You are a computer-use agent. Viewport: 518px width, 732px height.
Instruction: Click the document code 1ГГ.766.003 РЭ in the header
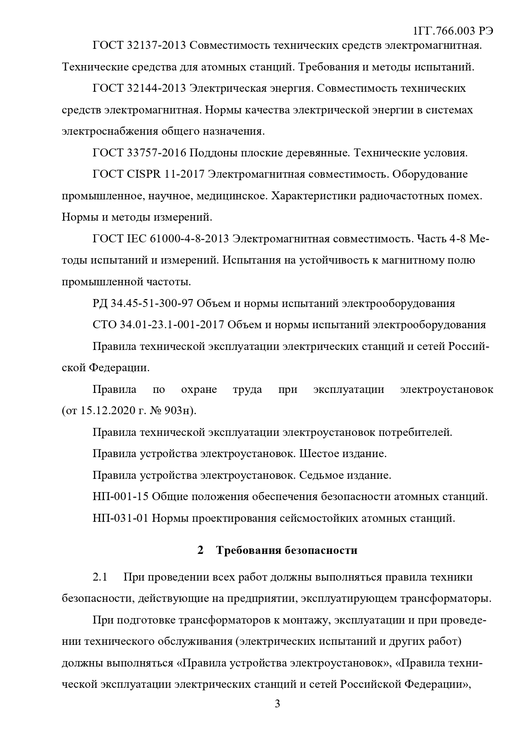(453, 31)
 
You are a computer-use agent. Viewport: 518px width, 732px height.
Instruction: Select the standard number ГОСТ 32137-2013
(139, 45)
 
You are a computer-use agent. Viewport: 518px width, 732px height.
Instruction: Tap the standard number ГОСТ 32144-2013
(139, 88)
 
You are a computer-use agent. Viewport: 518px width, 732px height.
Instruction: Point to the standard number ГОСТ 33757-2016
(139, 153)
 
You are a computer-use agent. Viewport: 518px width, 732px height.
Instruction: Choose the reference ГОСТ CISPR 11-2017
(148, 174)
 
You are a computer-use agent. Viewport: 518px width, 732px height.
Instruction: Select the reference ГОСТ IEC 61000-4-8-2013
(161, 239)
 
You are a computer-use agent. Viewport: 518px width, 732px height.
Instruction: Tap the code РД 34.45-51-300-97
(142, 303)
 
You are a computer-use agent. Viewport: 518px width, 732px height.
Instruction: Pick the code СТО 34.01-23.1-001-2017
(158, 324)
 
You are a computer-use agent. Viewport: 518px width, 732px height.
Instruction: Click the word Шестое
(320, 454)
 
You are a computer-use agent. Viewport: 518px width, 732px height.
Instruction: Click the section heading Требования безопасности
(286, 551)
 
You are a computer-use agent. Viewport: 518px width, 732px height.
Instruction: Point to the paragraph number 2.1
(100, 577)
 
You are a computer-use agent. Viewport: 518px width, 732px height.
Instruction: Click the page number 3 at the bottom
(277, 705)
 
